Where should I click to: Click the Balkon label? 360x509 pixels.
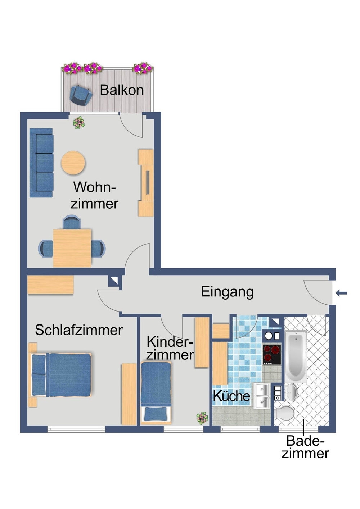click(122, 90)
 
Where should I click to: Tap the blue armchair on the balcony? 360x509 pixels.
click(81, 95)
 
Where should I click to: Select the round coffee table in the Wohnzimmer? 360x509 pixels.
click(73, 163)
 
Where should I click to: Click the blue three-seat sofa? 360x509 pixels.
click(41, 163)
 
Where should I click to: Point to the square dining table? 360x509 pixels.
click(72, 248)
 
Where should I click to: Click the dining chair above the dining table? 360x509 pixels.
click(72, 222)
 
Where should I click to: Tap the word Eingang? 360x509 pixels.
click(227, 292)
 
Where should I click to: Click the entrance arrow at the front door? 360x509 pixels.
click(342, 293)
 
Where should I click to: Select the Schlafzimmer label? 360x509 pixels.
click(79, 330)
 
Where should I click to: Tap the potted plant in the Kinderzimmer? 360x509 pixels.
click(202, 418)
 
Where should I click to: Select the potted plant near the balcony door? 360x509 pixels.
click(79, 123)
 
